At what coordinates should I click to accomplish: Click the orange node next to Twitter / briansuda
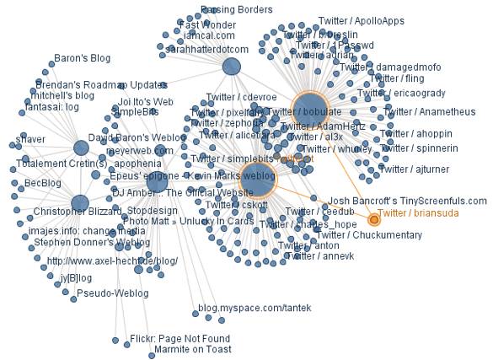tap(374, 219)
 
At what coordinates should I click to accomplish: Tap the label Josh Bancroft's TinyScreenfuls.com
tap(407, 201)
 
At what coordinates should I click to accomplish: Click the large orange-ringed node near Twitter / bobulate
tap(308, 110)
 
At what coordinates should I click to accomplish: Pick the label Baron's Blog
tap(83, 59)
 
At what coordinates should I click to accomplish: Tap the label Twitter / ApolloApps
tap(362, 20)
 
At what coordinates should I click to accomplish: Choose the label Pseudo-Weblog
tap(112, 293)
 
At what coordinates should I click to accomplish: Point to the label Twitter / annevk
tap(319, 256)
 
